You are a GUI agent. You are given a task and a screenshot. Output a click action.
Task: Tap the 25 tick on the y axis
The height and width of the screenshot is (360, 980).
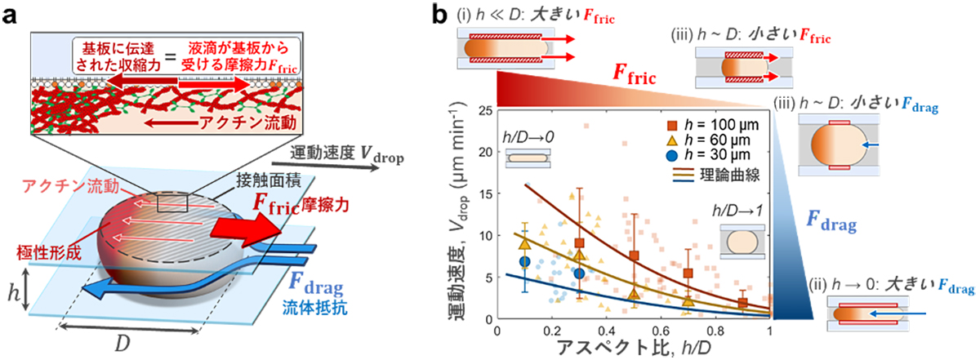coord(485,110)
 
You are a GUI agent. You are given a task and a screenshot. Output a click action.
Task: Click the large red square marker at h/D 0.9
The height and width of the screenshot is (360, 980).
coord(742,303)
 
